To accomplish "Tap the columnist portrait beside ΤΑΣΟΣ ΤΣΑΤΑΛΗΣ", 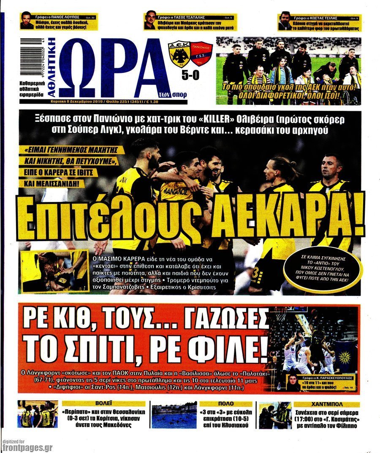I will [150, 21].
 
